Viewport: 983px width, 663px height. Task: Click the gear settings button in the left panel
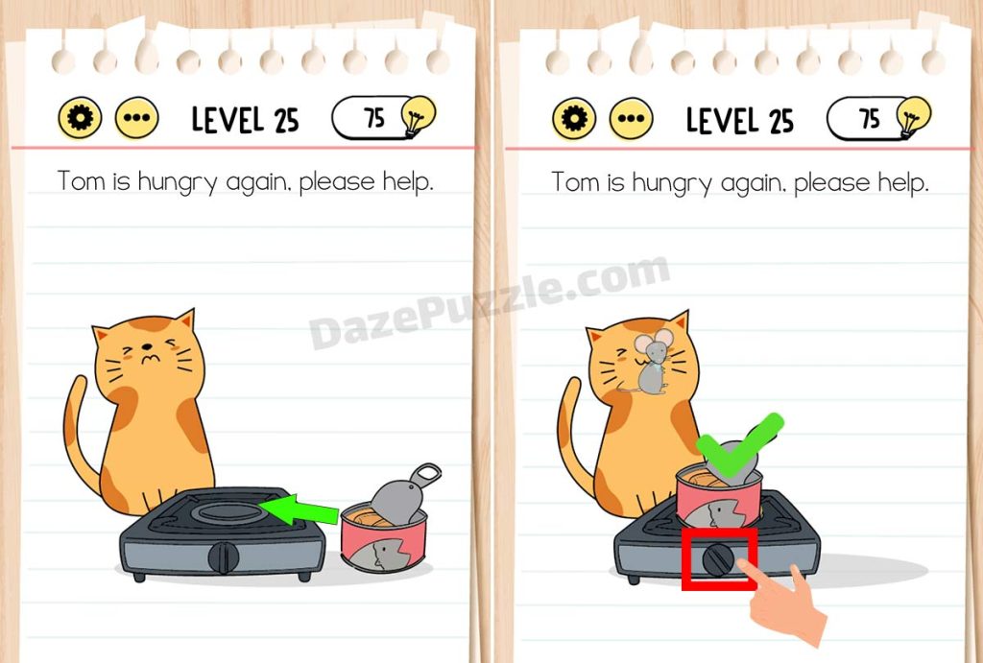81,118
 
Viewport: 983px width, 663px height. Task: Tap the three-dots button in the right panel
632,118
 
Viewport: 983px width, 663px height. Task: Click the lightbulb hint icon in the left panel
419,115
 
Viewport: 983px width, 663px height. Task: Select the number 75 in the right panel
870,118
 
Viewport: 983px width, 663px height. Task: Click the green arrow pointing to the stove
300,509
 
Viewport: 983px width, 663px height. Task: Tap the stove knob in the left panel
223,557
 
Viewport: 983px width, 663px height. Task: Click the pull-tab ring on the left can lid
425,475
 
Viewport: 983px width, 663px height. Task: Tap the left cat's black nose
147,346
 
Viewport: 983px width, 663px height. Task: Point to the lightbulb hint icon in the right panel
914,116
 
